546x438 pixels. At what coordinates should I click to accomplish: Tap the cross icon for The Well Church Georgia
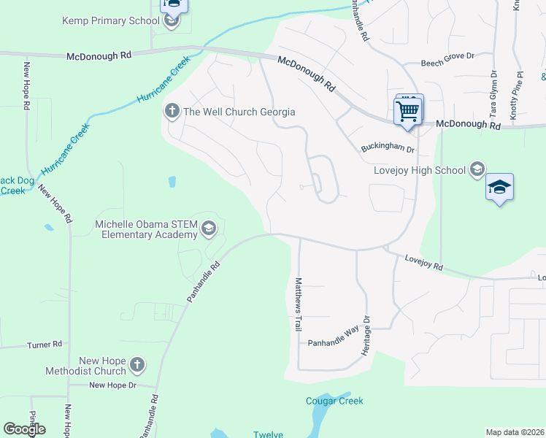[x=172, y=112]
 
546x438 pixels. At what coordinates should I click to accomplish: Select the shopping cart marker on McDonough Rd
[x=408, y=112]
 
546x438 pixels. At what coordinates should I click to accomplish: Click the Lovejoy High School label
[x=420, y=170]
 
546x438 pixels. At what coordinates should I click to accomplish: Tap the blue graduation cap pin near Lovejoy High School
[x=499, y=188]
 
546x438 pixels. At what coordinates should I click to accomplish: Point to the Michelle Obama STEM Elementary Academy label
[x=147, y=229]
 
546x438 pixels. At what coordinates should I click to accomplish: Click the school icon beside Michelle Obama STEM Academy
[x=208, y=229]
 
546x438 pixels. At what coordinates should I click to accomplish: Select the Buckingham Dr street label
[x=388, y=149]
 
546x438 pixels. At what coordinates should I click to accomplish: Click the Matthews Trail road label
[x=298, y=304]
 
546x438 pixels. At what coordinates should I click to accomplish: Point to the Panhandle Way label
[x=332, y=342]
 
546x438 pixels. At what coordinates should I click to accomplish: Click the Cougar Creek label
[x=334, y=401]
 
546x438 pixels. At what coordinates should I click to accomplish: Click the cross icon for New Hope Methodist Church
[x=136, y=365]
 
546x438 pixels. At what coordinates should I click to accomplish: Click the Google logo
[x=24, y=429]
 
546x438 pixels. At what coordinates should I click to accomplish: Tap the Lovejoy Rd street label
[x=423, y=263]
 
